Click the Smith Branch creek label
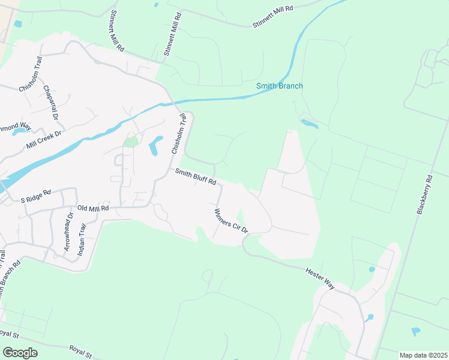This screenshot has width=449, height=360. (279, 86)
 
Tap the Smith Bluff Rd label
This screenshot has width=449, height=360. (195, 177)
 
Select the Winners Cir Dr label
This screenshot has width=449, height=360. (231, 220)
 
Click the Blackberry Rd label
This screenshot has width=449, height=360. (424, 194)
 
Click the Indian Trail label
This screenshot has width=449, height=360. (82, 239)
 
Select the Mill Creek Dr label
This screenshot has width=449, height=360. (44, 140)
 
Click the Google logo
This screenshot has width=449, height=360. (20, 353)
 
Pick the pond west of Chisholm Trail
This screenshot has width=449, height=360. (154, 145)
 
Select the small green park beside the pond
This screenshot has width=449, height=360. (130, 142)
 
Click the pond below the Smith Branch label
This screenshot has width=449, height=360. (309, 124)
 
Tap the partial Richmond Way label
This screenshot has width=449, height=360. (14, 127)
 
